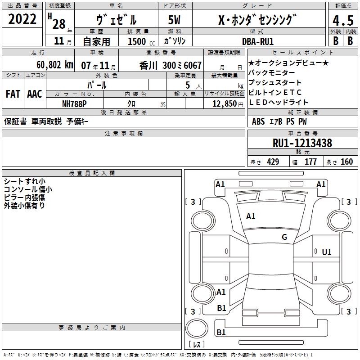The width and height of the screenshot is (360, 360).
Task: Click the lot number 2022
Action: coord(22,19)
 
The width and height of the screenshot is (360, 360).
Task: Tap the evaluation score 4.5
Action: coord(343,21)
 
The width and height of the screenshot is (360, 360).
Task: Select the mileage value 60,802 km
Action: coord(55,65)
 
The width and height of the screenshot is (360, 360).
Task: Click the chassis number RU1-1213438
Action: coord(302,143)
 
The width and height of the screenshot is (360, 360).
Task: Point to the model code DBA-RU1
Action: coord(258,41)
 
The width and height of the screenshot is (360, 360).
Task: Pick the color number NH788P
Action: coord(74,104)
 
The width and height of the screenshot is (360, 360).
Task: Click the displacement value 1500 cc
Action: coord(141,41)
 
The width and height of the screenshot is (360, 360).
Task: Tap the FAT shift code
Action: coord(13,94)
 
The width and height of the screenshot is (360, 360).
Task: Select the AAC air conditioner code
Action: coord(35,94)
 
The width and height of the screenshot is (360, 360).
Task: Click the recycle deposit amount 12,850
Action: coord(224,104)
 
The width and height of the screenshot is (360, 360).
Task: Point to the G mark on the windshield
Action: coord(284,237)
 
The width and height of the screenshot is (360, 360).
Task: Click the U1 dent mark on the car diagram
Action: coord(327,252)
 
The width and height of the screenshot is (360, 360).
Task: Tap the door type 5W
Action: coord(174,20)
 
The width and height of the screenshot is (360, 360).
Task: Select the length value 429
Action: coord(273,162)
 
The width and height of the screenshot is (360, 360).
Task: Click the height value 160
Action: coord(346,162)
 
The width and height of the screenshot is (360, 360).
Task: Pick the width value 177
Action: coord(310,162)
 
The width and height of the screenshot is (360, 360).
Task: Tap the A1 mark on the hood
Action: coord(251,216)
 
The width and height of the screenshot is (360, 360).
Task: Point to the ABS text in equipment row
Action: coord(258,121)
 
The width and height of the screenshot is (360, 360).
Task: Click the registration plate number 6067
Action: coord(193,65)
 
